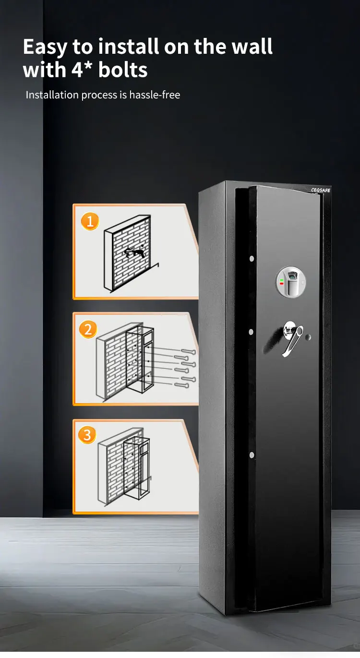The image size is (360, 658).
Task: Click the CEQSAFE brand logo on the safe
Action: (320, 190)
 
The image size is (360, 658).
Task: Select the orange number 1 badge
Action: (89, 221)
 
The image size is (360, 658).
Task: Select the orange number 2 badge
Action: (87, 329)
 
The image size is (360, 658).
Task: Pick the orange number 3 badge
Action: (87, 435)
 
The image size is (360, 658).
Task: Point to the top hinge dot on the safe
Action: (252, 259)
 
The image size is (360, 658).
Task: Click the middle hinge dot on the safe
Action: (251, 332)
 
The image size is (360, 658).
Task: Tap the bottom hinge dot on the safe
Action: (251, 455)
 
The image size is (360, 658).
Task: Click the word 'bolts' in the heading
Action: (123, 70)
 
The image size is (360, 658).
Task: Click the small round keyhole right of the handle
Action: (309, 337)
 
